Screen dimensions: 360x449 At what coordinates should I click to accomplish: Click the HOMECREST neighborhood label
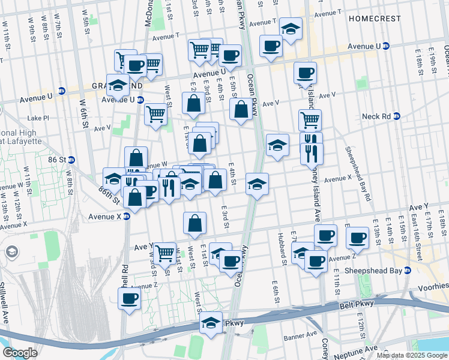tap(373, 19)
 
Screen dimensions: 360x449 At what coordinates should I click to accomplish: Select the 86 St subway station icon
tap(71, 160)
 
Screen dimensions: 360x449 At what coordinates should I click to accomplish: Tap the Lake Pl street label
tap(38, 118)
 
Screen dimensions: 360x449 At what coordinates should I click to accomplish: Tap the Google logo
tap(20, 352)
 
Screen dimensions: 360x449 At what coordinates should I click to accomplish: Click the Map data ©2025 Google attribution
tap(411, 355)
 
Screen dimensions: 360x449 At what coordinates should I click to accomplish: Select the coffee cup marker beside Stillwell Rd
tap(129, 298)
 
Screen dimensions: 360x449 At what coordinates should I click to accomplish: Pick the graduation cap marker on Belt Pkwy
tap(210, 323)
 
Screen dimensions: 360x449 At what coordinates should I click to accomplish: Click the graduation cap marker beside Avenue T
tap(291, 29)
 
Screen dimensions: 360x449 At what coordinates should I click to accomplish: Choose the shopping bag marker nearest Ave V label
tap(241, 109)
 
